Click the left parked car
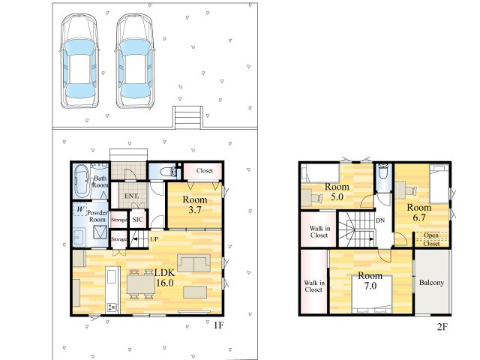point(79,61)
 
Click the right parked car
point(135,61)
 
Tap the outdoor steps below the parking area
point(187,117)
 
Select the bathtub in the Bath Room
point(82,181)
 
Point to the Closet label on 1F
point(205,170)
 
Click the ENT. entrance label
point(132,196)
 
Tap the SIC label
point(137,219)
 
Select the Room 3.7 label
point(195,205)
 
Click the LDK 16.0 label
point(165,277)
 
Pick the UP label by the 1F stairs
point(154,238)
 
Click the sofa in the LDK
point(193,263)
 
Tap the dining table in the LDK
point(141,284)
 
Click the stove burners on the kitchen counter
point(112,307)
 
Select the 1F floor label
point(218,325)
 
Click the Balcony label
point(431,282)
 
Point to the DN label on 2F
point(380,220)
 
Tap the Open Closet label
point(431,240)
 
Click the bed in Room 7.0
point(372,294)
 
